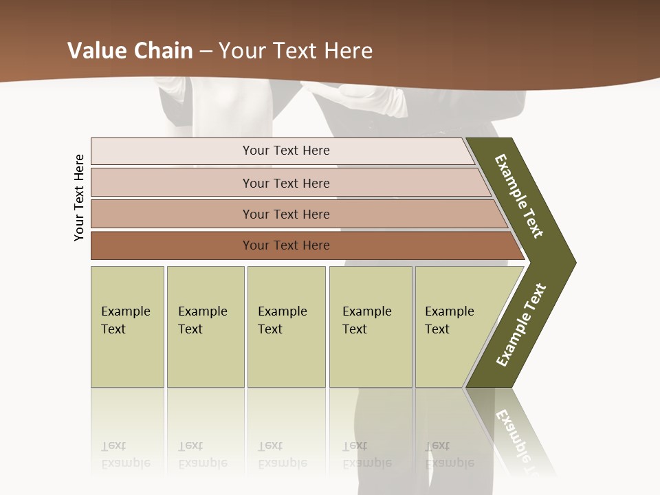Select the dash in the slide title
pos(206,52)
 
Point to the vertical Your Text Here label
pos(80,197)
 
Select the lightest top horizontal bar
pos(282,151)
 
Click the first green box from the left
pos(127,327)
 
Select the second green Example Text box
pos(206,327)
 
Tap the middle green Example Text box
pos(286,327)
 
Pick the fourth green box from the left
pos(371,327)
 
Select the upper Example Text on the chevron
pos(519,196)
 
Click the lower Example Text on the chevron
pos(521,325)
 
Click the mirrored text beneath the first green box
pos(126,454)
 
